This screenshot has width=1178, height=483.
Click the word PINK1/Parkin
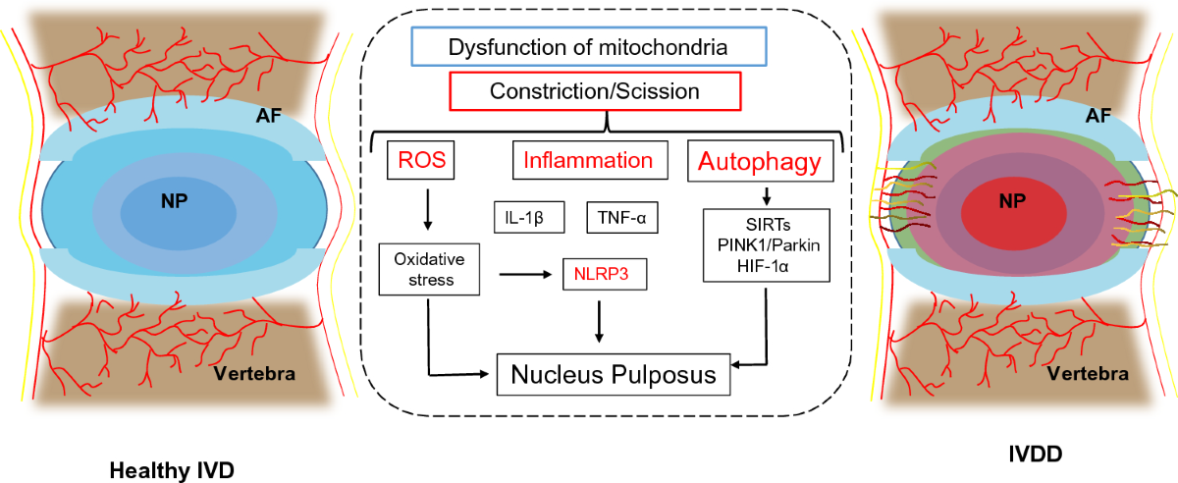(x=769, y=245)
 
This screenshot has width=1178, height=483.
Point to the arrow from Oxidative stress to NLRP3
(x=525, y=274)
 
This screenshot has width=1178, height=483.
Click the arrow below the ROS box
(x=428, y=209)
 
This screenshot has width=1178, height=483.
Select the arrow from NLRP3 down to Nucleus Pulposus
(x=599, y=321)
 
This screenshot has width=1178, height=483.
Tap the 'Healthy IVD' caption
(x=172, y=470)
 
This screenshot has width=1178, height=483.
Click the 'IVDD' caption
(x=1035, y=455)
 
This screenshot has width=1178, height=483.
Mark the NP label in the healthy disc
(x=174, y=200)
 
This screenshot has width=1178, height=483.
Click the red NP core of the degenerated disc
(x=1014, y=214)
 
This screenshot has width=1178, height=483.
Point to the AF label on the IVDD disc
(x=1098, y=115)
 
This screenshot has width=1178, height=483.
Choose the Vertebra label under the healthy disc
(x=254, y=374)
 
